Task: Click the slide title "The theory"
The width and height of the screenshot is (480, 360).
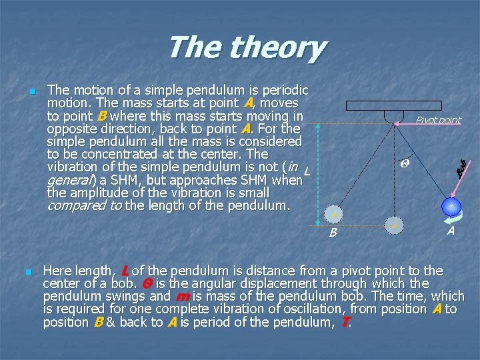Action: [246, 48]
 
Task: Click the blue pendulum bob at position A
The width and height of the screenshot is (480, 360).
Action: [451, 207]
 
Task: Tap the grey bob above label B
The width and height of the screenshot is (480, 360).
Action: [334, 214]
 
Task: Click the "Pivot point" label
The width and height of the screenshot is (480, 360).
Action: [438, 120]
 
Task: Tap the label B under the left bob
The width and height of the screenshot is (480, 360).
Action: [333, 233]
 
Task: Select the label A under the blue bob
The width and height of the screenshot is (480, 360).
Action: [451, 231]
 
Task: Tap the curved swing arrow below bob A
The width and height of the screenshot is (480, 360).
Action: [451, 216]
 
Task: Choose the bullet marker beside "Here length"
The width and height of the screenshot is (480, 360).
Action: [27, 272]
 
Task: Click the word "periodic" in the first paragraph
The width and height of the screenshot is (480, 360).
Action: [283, 90]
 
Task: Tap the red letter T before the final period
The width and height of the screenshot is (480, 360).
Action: [345, 322]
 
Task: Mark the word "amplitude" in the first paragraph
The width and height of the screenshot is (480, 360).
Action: [101, 193]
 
